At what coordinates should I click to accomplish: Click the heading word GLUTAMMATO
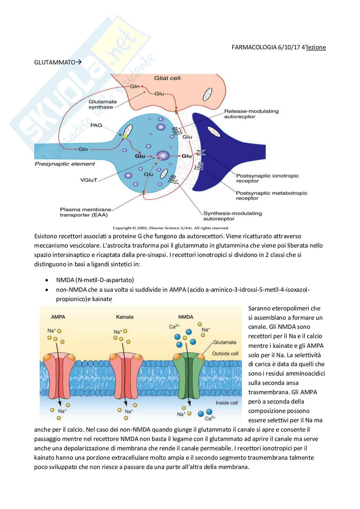pyautogui.click(x=55, y=62)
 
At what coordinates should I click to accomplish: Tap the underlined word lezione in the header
pyautogui.click(x=316, y=47)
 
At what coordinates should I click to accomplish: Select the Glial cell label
pyautogui.click(x=167, y=78)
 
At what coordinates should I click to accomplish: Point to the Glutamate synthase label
pyautogui.click(x=103, y=104)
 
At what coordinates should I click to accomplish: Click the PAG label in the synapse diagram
pyautogui.click(x=96, y=125)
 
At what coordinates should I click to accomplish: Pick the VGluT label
pyautogui.click(x=89, y=180)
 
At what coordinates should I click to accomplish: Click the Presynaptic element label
pyautogui.click(x=65, y=164)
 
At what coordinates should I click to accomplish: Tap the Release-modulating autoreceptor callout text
pyautogui.click(x=251, y=114)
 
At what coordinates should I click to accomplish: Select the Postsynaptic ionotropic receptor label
pyautogui.click(x=267, y=178)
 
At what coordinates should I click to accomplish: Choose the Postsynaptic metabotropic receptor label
pyautogui.click(x=271, y=196)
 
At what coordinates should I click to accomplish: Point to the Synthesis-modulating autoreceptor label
pyautogui.click(x=233, y=216)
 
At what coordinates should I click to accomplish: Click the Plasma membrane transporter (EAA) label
pyautogui.click(x=85, y=212)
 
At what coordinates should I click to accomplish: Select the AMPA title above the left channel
pyautogui.click(x=58, y=317)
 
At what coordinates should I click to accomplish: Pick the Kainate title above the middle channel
pyautogui.click(x=125, y=317)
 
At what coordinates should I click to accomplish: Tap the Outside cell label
pyautogui.click(x=225, y=353)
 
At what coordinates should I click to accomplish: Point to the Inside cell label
pyautogui.click(x=227, y=403)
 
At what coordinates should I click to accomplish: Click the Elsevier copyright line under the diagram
pyautogui.click(x=171, y=228)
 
